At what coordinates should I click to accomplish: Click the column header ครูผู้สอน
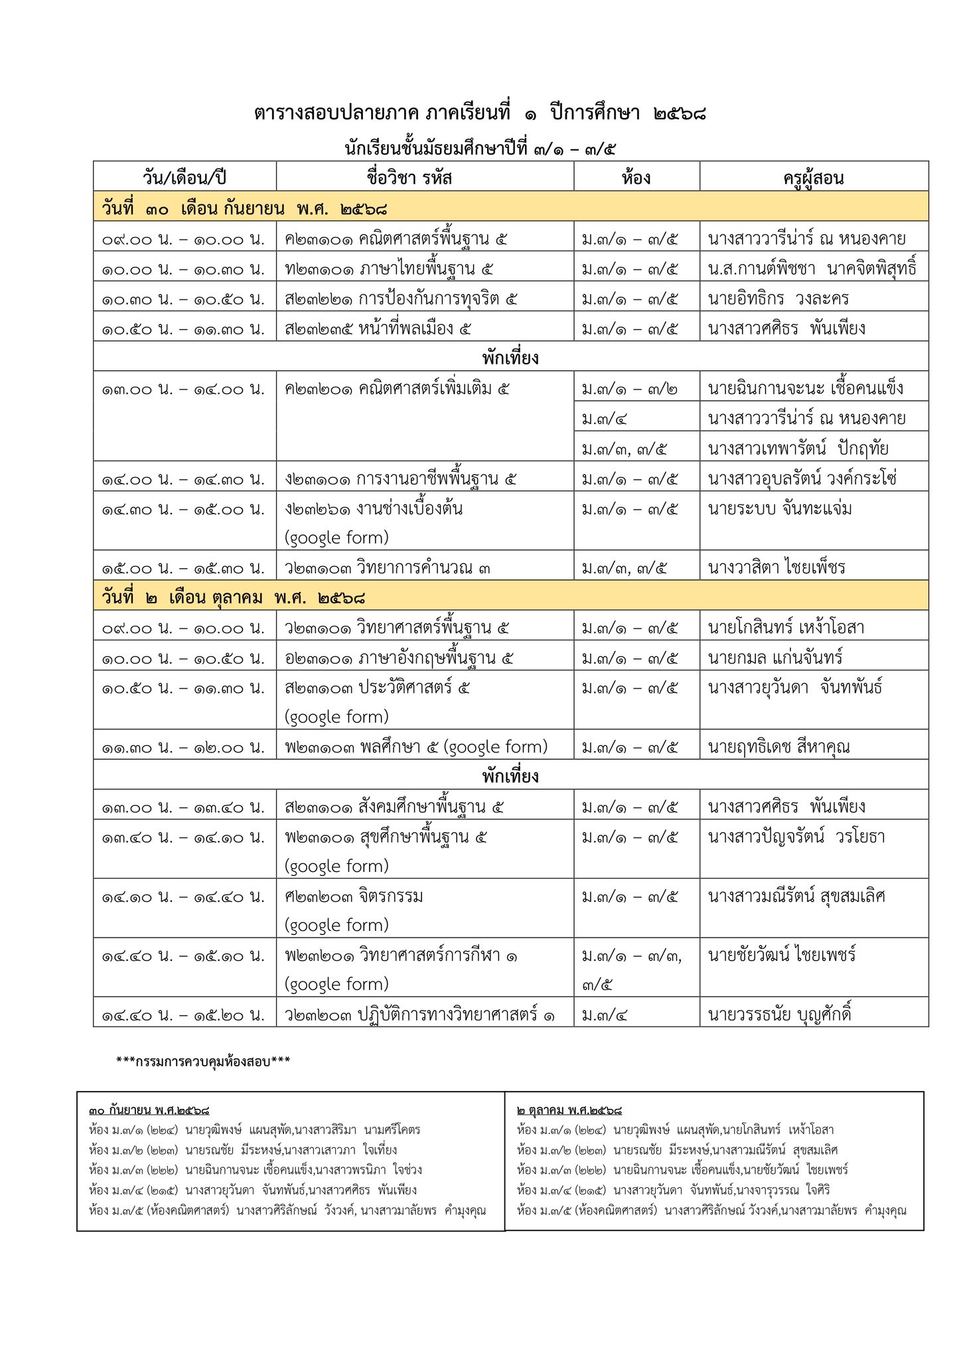pos(813,178)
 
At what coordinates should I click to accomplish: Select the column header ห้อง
pos(636,178)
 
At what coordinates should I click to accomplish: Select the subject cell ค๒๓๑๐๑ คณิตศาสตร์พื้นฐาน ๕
pos(396,238)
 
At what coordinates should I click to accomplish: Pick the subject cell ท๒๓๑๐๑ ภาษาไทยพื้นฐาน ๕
pos(390,269)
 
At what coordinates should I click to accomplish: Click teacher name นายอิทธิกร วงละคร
pos(778,299)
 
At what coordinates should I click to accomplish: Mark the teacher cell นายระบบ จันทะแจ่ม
pos(780,509)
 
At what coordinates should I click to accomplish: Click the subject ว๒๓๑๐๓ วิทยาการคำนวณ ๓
pos(388,568)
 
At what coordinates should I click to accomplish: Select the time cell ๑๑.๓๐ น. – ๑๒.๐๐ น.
pos(183,747)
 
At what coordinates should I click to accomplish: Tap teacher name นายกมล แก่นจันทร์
pos(775,658)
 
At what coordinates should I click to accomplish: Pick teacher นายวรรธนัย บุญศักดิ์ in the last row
pos(779,1015)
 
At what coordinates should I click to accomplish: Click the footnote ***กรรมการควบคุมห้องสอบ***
pos(203,1061)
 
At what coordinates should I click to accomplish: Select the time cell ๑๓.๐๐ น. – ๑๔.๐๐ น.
pos(183,389)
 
